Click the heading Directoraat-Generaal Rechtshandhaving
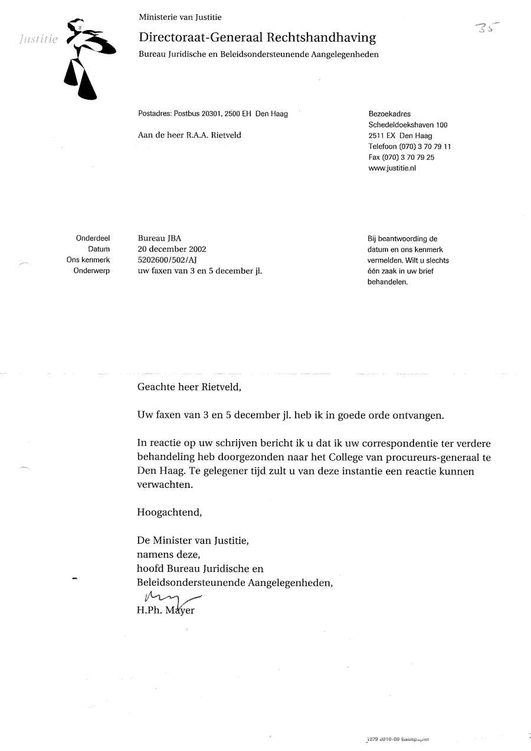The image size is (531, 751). pyautogui.click(x=257, y=38)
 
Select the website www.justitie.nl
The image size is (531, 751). pyautogui.click(x=392, y=168)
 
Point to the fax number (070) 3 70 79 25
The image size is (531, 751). pyautogui.click(x=409, y=158)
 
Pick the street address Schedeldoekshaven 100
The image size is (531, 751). pyautogui.click(x=408, y=125)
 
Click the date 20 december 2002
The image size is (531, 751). pyautogui.click(x=172, y=250)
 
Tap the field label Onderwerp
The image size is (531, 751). pyautogui.click(x=92, y=271)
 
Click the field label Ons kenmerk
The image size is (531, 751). pyautogui.click(x=88, y=260)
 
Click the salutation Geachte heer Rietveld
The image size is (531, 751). pyautogui.click(x=189, y=388)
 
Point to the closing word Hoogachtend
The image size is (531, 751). pyautogui.click(x=169, y=512)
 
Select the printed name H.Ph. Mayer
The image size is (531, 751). pyautogui.click(x=165, y=611)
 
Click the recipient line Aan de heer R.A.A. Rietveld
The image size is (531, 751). pyautogui.click(x=189, y=135)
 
